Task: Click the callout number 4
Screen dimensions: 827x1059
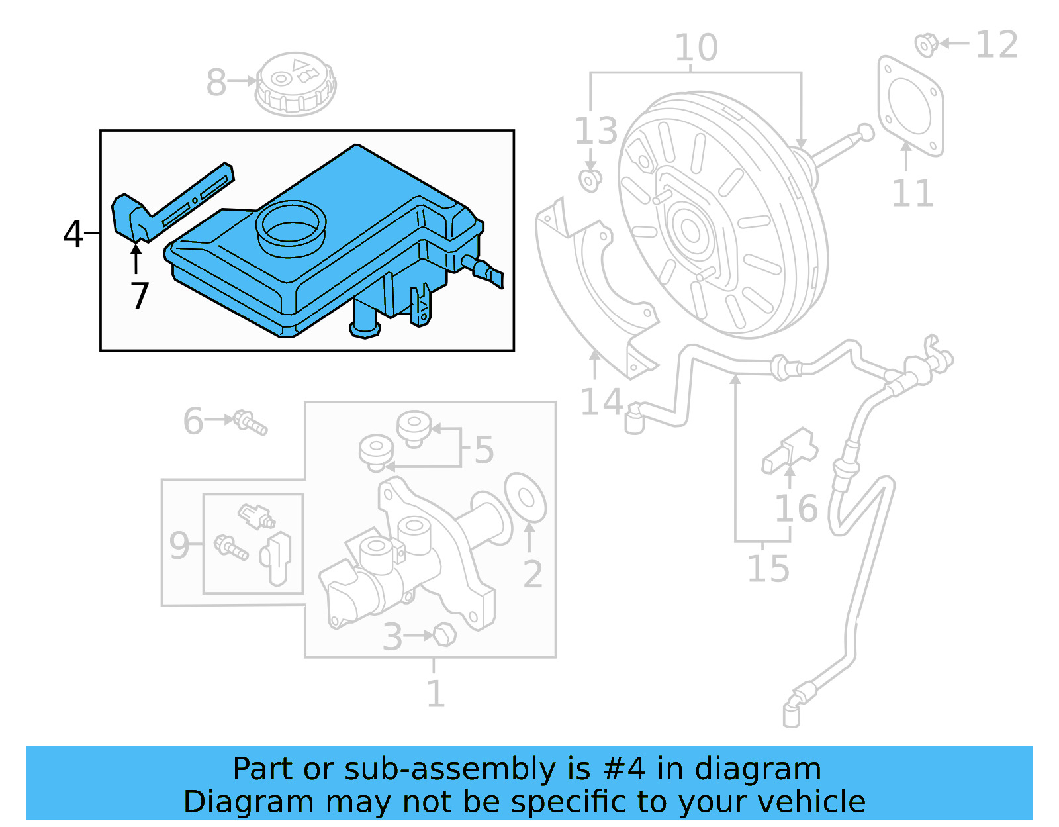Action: pyautogui.click(x=73, y=234)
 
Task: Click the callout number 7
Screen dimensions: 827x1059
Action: pyautogui.click(x=140, y=296)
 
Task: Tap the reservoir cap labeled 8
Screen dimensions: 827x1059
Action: pyautogui.click(x=295, y=83)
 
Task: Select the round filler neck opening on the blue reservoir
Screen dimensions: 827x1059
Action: pyautogui.click(x=291, y=227)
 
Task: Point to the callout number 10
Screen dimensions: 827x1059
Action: pyautogui.click(x=696, y=48)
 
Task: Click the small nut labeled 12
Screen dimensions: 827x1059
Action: pyautogui.click(x=925, y=45)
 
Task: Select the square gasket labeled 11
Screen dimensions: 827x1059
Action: pyautogui.click(x=910, y=106)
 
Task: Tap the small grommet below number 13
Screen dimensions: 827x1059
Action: pyautogui.click(x=590, y=180)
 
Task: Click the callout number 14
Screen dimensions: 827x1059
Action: pyautogui.click(x=600, y=402)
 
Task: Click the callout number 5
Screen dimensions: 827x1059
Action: pyautogui.click(x=484, y=450)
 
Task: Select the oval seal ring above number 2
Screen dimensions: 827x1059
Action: pyautogui.click(x=526, y=498)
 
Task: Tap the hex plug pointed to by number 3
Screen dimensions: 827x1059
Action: pyautogui.click(x=444, y=636)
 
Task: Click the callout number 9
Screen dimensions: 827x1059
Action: pyautogui.click(x=179, y=545)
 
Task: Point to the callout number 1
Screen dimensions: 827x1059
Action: pyautogui.click(x=435, y=694)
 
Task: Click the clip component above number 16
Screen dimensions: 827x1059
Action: pyautogui.click(x=790, y=450)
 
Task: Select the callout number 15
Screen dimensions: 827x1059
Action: pyautogui.click(x=768, y=569)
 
